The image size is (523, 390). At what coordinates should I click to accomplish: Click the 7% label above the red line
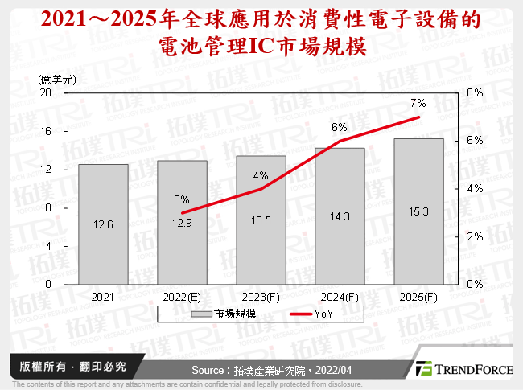tap(418, 103)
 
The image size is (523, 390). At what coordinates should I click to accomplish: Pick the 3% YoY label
tap(182, 199)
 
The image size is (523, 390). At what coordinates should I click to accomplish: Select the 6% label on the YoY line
tap(339, 127)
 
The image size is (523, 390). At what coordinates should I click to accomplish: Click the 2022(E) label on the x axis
tap(182, 298)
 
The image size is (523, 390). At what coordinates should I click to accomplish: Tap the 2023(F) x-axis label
tap(261, 298)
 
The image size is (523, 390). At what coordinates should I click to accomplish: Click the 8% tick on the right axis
tap(475, 92)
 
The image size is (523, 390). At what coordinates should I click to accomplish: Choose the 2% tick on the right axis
tap(475, 236)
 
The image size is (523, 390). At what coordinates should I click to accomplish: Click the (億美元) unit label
tap(57, 79)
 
